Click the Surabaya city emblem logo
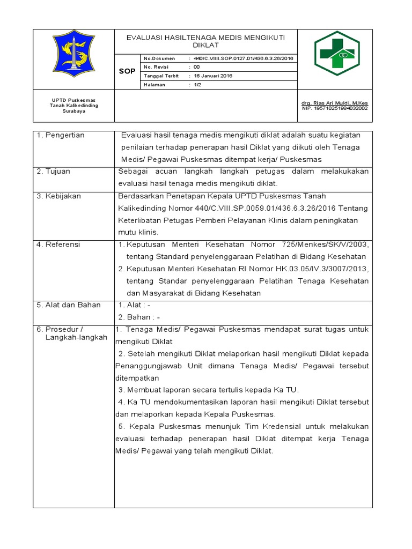click(x=73, y=55)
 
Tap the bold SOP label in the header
click(x=127, y=71)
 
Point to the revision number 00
click(x=196, y=66)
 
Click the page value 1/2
click(x=197, y=85)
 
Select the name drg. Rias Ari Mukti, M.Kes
click(x=335, y=102)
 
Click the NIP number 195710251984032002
click(x=335, y=108)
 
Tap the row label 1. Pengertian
click(x=61, y=136)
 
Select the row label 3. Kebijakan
click(x=58, y=196)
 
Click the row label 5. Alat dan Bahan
click(x=68, y=305)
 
